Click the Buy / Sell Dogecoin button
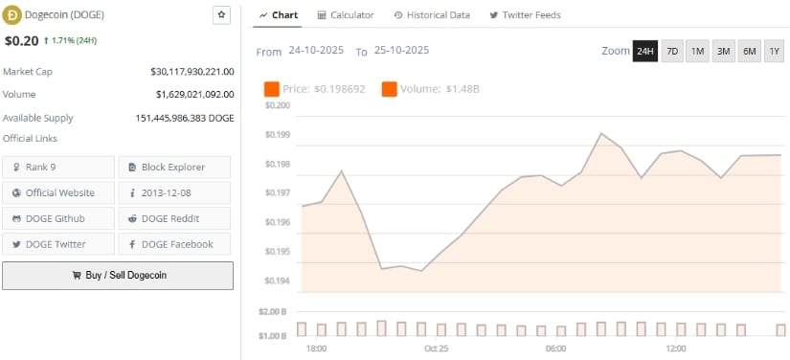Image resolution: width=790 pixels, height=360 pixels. pos(118,275)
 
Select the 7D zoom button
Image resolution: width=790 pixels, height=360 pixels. pos(672,52)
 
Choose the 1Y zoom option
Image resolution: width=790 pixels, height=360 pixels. pos(775,52)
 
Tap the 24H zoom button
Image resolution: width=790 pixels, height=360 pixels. pos(645,52)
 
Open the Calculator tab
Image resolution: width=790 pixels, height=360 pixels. pos(346,15)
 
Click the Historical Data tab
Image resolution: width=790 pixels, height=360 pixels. pos(434,15)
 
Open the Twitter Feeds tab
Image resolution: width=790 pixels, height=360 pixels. pos(525,15)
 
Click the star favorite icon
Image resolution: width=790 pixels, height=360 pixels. pos(221,14)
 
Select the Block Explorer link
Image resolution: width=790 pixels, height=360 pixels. pos(173,167)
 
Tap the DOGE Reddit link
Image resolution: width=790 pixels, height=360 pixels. pos(173,218)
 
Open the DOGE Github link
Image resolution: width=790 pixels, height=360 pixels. pos(59,218)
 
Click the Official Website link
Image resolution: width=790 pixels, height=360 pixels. pos(59,192)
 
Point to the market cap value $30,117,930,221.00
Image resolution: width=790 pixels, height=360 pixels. pos(192,72)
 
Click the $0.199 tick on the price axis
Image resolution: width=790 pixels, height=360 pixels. pos(277,135)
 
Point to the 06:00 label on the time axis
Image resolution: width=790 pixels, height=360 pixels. pos(555,349)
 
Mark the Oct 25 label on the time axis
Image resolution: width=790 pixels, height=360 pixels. pos(437,349)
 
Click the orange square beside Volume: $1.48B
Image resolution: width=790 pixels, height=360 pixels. pos(390,89)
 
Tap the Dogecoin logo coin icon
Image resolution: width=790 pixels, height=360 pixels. pos(12,14)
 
